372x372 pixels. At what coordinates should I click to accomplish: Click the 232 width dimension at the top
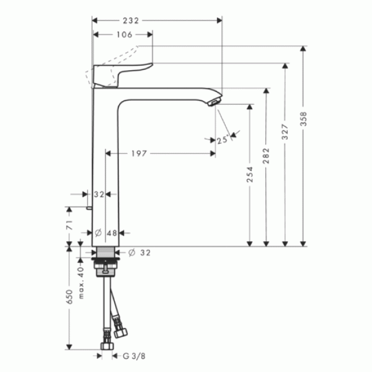coord(131,21)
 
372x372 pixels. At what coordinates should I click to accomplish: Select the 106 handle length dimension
coord(125,35)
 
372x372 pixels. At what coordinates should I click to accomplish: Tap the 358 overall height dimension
coord(304,119)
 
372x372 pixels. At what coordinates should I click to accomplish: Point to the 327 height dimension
coord(285,131)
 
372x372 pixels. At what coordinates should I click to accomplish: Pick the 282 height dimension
coord(267,156)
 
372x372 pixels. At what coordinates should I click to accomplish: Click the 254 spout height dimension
coord(250,175)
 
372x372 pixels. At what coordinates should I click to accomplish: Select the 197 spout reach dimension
coord(139,154)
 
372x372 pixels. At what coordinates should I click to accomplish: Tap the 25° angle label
coord(223,140)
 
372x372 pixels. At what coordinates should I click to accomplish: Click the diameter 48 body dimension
coord(106,233)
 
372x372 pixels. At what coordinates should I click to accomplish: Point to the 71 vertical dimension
coord(69,225)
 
